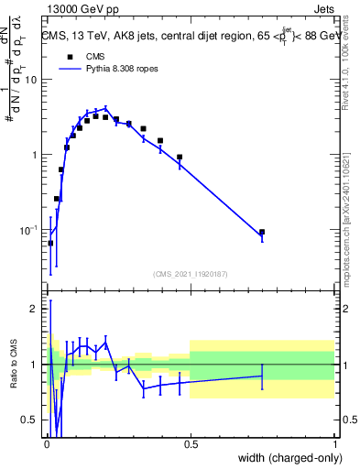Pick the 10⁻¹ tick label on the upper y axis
tap(31, 229)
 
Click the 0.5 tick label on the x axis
tap(191, 442)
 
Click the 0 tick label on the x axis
tap(47, 442)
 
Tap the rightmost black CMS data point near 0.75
tap(262, 233)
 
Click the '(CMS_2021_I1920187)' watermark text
tap(191, 274)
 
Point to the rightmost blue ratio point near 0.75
tap(262, 376)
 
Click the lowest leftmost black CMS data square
tap(50, 243)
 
